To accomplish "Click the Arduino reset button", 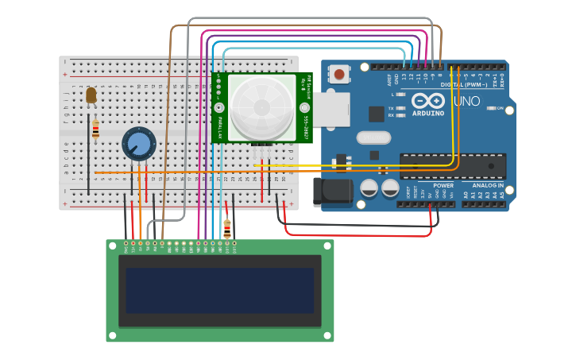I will point(339,75).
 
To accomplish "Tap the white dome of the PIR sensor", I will point(261,106).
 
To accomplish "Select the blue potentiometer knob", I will point(139,144).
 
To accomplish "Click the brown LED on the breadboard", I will point(91,95).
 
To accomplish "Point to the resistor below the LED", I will point(96,130).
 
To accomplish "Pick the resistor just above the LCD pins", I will point(227,229).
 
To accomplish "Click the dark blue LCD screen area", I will point(220,290).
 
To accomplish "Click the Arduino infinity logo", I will point(427,101).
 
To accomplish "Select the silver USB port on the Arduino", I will point(329,109).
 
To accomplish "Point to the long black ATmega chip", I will point(452,165).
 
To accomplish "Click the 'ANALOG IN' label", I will point(488,185).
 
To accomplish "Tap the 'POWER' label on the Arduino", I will point(443,185).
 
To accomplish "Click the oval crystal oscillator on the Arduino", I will point(373,137).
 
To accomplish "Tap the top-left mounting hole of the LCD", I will point(112,246).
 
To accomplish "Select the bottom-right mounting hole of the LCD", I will point(327,336).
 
